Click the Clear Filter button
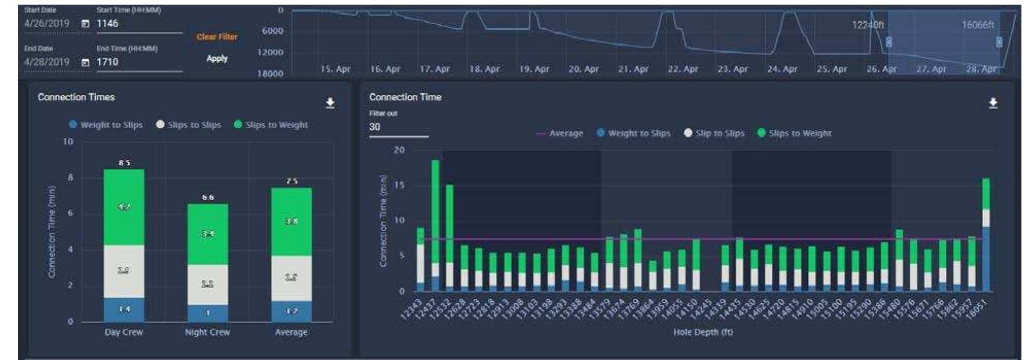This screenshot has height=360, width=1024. click(217, 37)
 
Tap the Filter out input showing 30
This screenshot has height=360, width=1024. click(398, 127)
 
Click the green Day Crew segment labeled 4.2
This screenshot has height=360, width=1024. click(124, 207)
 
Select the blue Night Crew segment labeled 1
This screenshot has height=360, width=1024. click(207, 313)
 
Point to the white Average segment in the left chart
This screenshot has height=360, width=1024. click(291, 278)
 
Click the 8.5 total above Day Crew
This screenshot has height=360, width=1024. click(124, 163)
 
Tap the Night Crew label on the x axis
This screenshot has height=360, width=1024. click(207, 333)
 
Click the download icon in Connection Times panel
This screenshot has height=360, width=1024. click(331, 104)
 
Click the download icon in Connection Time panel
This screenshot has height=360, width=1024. click(993, 104)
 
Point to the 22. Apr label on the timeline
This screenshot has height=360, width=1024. click(683, 69)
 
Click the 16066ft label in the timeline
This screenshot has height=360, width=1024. click(978, 25)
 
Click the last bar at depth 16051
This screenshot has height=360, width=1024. click(986, 235)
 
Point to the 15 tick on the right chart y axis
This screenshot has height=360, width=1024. click(399, 185)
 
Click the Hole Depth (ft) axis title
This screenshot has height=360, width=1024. click(703, 333)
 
